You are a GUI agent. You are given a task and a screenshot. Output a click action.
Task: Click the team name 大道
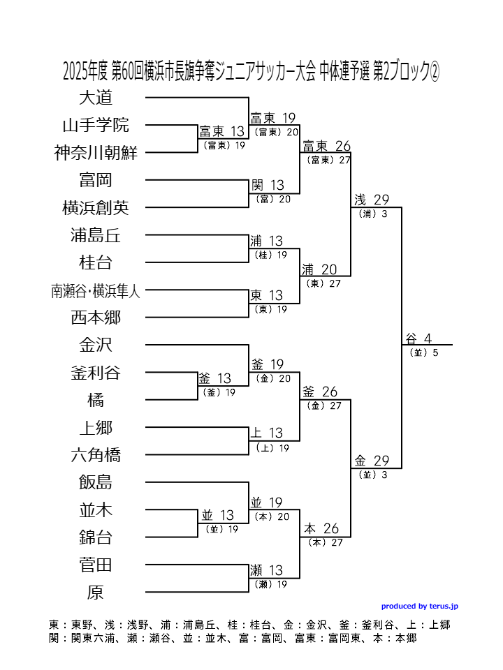click(x=96, y=98)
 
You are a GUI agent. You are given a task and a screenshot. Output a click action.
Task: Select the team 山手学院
click(x=96, y=126)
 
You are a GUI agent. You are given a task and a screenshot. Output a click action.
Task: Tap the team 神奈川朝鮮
click(x=96, y=153)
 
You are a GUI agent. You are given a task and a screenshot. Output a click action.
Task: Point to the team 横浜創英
click(x=96, y=208)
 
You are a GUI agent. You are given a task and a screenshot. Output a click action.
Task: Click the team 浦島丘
click(x=96, y=235)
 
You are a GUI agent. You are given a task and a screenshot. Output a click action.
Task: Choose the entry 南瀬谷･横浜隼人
click(x=96, y=291)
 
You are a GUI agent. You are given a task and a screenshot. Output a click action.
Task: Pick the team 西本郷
click(x=96, y=318)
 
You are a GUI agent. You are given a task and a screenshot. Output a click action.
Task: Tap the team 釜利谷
click(x=96, y=373)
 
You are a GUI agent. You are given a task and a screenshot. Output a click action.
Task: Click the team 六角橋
click(x=96, y=455)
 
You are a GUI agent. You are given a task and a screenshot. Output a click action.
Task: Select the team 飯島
click(x=96, y=482)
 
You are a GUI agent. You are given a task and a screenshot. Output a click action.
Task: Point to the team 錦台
click(x=96, y=537)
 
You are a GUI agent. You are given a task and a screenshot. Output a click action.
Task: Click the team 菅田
click(x=96, y=565)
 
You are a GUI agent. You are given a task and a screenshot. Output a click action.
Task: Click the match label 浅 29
click(x=371, y=200)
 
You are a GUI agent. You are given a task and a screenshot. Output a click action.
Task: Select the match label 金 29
click(x=371, y=461)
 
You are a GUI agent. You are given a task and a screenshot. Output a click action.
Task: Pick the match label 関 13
click(x=268, y=186)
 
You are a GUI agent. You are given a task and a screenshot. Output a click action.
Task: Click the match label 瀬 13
click(x=267, y=571)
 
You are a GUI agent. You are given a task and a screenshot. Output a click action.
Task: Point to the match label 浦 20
click(x=319, y=269)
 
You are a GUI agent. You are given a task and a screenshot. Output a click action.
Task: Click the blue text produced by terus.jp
click(x=419, y=606)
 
